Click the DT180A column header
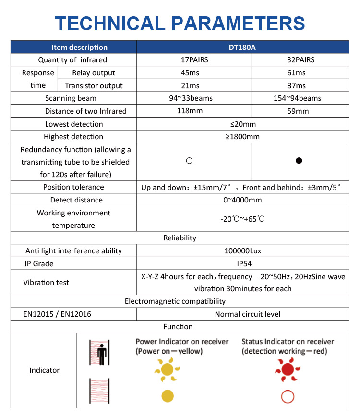coord(242,47)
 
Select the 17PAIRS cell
coord(193,60)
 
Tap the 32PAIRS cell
coord(300,60)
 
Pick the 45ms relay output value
coord(193,73)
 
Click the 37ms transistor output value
coord(300,86)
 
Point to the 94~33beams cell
coord(193,98)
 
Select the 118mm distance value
coord(193,111)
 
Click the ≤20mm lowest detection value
coord(242,124)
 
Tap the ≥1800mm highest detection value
coord(242,137)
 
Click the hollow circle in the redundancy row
coord(189,161)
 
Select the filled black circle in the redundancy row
coord(299,161)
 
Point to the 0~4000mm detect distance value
coord(242,200)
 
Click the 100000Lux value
coord(242,250)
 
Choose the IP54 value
coord(242,263)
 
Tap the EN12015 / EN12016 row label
coord(58,314)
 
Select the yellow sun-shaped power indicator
coord(167,369)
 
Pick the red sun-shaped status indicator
coord(288,369)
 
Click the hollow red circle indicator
coord(288,396)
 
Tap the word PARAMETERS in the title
coord(238,23)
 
